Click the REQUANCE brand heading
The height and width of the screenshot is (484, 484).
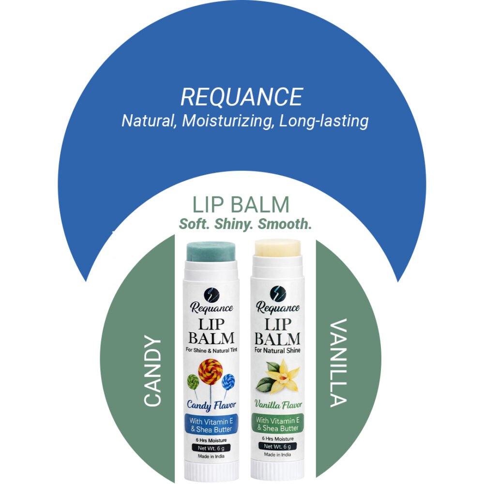pos(242,97)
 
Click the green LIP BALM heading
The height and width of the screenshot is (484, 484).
pos(241,205)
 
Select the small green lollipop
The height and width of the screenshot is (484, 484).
pos(193,382)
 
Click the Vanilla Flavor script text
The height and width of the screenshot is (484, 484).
pos(277,404)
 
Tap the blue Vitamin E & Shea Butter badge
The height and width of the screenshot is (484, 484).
pos(210,424)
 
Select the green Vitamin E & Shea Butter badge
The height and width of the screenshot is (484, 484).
pos(277,424)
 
